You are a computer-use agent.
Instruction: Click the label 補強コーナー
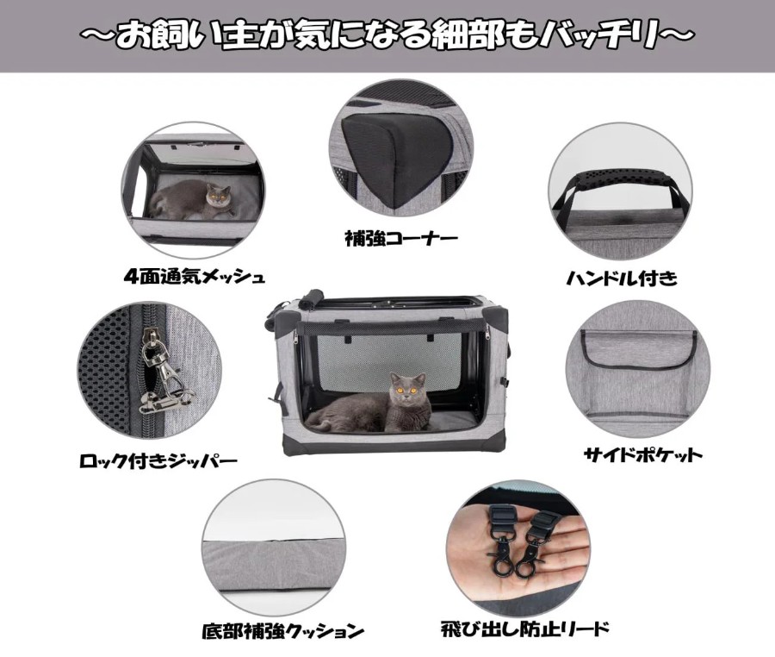(400, 240)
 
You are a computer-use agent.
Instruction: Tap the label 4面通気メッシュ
(195, 277)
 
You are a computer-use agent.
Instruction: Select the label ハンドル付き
(621, 278)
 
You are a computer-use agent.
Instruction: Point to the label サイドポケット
(642, 454)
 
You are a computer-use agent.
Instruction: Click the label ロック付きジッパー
(158, 461)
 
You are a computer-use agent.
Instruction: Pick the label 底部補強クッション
(283, 631)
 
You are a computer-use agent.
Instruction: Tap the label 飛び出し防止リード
(525, 629)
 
